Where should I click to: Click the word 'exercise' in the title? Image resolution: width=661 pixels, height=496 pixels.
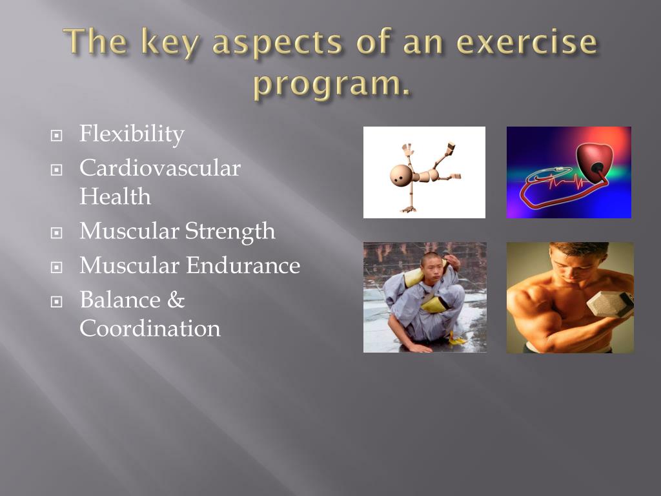click(x=527, y=42)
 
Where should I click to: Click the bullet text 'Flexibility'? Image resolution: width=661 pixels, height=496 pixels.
click(x=132, y=134)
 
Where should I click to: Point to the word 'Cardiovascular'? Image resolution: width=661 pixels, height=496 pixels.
click(x=160, y=168)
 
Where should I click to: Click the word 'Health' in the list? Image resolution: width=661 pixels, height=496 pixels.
click(x=115, y=196)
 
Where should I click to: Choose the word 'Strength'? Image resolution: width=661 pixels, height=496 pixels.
click(x=230, y=232)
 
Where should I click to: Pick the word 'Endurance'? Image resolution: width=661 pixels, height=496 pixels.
click(x=243, y=265)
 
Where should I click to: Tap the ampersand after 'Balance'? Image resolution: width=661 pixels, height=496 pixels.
click(x=176, y=300)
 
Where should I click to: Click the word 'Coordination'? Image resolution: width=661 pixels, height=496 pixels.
click(x=150, y=329)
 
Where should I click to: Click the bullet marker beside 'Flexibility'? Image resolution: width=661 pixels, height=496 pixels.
click(x=57, y=136)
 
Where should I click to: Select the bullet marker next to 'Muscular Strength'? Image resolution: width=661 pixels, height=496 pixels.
click(x=57, y=232)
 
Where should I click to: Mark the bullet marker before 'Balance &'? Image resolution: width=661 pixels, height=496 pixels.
click(x=57, y=302)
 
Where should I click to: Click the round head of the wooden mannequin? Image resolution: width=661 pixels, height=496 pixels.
click(x=399, y=174)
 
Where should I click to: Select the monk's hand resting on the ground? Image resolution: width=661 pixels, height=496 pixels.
click(x=418, y=347)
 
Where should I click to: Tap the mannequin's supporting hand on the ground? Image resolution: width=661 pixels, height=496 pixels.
click(x=408, y=209)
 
